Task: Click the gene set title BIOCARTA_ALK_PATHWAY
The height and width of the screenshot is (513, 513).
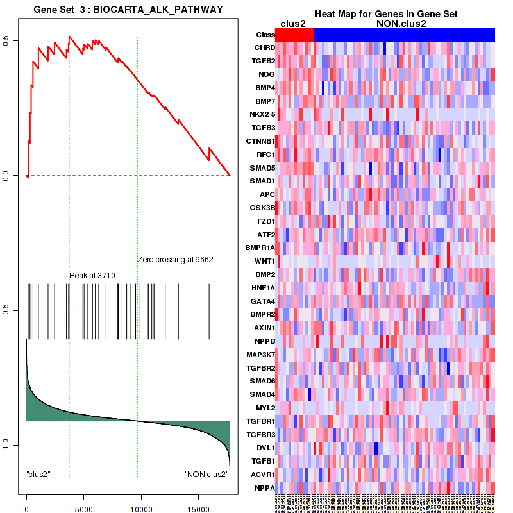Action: click(128, 9)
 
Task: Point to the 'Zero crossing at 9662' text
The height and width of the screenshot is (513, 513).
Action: click(175, 260)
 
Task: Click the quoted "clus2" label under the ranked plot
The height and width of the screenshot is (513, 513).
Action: click(38, 474)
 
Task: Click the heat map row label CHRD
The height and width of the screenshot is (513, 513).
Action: click(265, 47)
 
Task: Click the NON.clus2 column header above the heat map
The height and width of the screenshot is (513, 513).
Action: click(391, 24)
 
